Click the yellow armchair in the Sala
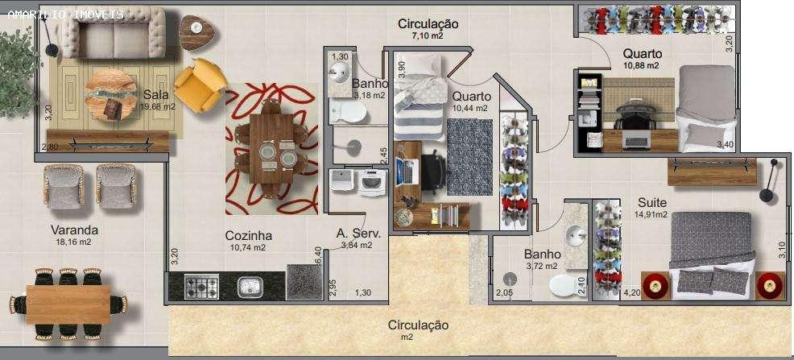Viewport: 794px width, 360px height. click(200, 85)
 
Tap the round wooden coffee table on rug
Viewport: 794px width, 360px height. click(110, 93)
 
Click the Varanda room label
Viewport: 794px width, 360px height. click(74, 230)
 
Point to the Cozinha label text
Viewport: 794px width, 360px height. click(248, 236)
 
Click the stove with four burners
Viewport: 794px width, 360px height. click(201, 286)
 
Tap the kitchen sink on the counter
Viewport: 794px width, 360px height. click(249, 286)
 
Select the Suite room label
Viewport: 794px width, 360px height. click(651, 202)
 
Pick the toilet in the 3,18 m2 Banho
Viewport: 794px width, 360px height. click(349, 114)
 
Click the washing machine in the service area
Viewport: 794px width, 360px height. click(372, 183)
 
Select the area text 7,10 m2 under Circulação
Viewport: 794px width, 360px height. click(428, 36)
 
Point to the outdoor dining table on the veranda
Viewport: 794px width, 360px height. click(68, 304)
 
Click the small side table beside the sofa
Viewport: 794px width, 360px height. click(196, 31)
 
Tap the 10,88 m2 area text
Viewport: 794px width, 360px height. click(641, 65)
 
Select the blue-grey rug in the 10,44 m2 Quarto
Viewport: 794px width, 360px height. click(469, 157)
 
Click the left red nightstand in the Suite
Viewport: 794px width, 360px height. click(655, 285)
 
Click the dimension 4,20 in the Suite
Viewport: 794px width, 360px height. click(632, 293)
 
